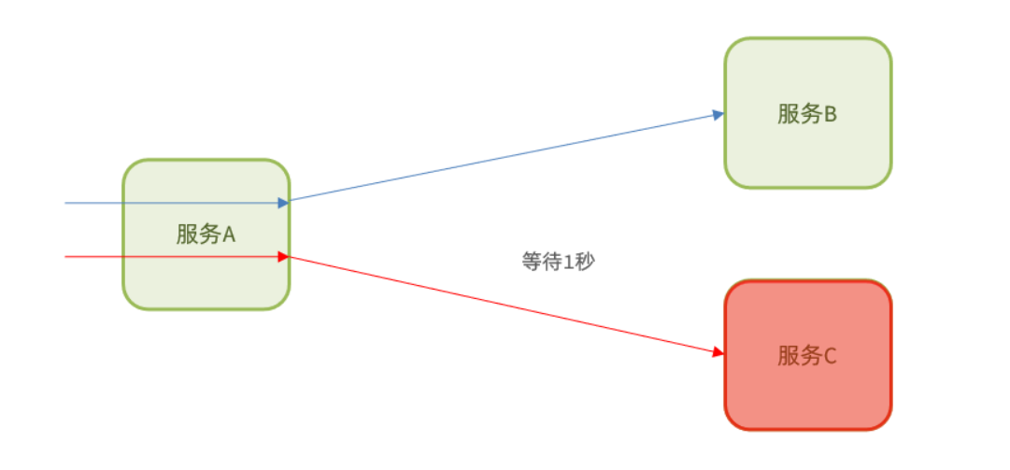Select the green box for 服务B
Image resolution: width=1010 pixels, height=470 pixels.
coord(808,150)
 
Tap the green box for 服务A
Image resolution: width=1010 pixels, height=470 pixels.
coord(206,280)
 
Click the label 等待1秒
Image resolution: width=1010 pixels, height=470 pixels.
coord(558,261)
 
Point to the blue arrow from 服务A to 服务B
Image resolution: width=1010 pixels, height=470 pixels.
coord(505,158)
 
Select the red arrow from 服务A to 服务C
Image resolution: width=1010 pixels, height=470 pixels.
coord(505,305)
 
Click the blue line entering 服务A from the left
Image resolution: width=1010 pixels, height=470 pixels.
coord(93,202)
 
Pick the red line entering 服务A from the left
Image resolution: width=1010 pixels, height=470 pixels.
coord(93,256)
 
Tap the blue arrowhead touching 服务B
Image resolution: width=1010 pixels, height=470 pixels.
coord(718,115)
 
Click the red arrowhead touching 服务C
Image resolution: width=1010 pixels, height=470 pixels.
coord(718,352)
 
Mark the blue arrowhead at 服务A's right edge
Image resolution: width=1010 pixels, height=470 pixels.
coord(283,202)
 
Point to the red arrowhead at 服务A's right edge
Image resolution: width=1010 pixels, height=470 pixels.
coord(283,256)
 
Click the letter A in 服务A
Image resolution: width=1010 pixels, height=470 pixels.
coord(228,234)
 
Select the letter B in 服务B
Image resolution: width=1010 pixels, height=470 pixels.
coord(830,114)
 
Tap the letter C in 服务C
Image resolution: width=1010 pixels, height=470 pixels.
coord(830,355)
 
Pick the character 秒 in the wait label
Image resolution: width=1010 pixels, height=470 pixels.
coord(584,261)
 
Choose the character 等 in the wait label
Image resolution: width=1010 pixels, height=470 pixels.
coord(531,261)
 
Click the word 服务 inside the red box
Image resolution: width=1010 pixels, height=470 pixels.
coord(798,355)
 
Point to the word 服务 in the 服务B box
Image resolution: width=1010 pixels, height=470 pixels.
coord(798,114)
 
